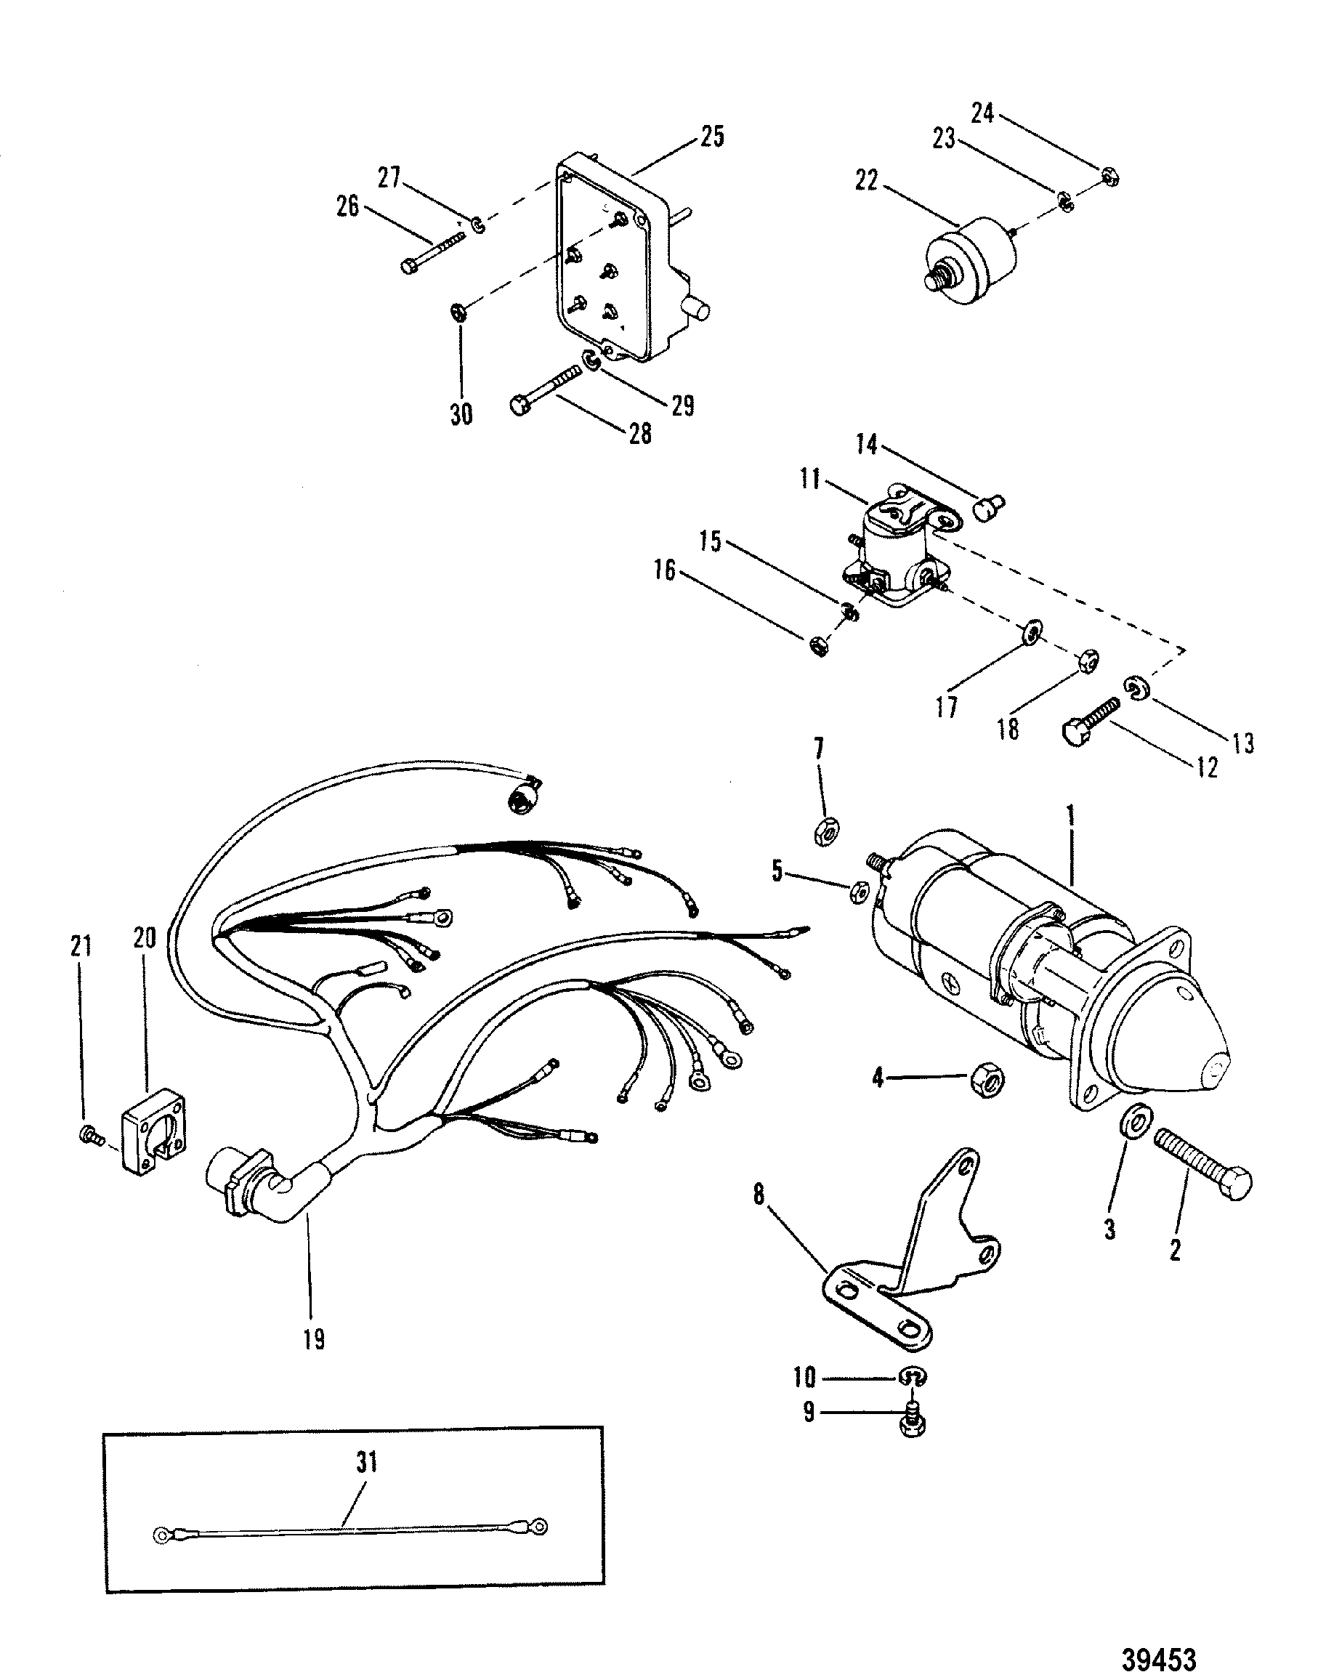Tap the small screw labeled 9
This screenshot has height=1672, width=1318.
coord(913,1423)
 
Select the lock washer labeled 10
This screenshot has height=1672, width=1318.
coord(912,1377)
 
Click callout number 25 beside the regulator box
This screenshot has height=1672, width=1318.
coord(711,137)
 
